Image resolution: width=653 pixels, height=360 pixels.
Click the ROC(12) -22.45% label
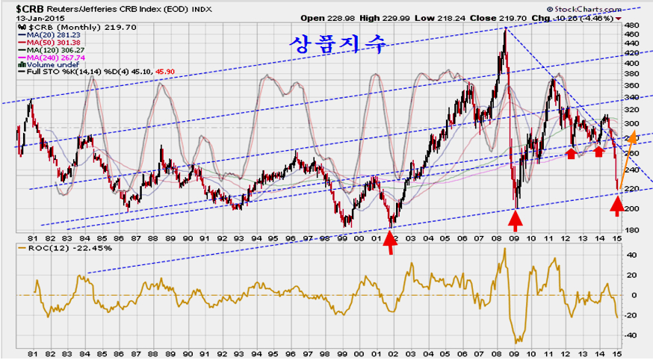[52, 249]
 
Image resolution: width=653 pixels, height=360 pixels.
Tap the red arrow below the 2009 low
[515, 220]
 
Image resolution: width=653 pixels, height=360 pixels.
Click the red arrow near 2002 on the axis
[389, 243]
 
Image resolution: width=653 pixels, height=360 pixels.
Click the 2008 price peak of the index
[505, 30]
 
